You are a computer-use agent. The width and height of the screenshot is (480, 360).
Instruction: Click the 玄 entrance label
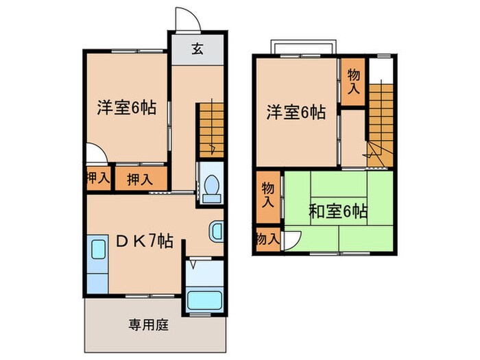197,49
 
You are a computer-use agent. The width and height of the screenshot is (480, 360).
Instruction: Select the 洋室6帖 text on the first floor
126,108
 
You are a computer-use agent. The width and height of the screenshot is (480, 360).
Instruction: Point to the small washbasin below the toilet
215,232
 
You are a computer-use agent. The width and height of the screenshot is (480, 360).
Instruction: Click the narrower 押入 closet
97,178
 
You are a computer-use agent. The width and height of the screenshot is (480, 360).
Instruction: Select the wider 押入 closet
140,179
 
